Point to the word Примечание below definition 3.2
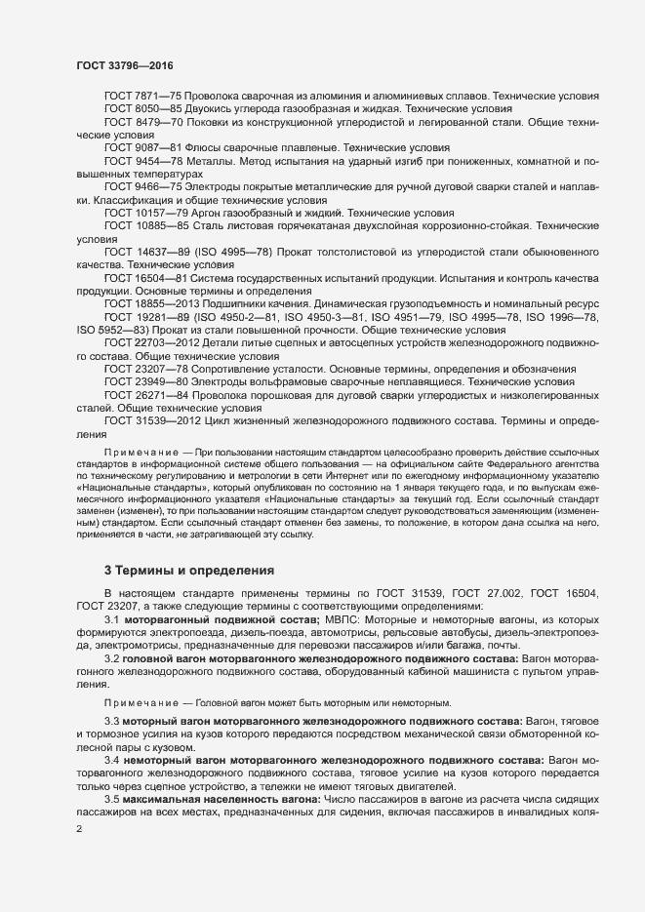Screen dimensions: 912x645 pyautogui.click(x=141, y=702)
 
